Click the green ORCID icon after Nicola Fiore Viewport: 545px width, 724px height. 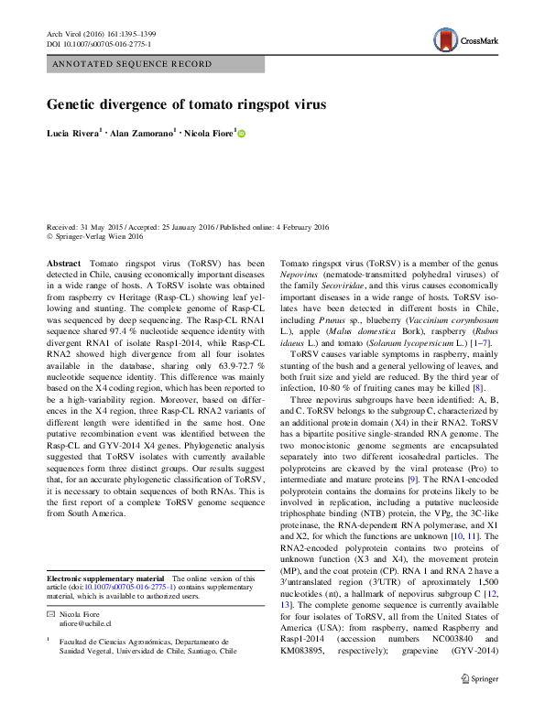coord(243,135)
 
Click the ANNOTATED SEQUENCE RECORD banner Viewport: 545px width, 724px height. coord(133,64)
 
